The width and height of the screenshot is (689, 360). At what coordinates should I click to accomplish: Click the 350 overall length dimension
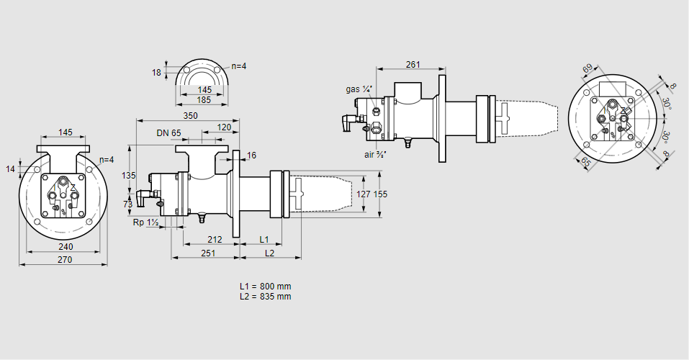190,116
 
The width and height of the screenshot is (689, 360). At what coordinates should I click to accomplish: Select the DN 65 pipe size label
168,132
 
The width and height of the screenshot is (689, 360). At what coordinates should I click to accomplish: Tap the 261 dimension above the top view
413,65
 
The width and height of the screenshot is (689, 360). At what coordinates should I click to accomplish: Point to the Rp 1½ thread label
146,222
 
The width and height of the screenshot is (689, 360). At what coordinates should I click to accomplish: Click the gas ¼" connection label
359,89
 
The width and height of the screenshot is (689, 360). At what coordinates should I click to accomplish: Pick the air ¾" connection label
375,154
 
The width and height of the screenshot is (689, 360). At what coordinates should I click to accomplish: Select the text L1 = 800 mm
266,286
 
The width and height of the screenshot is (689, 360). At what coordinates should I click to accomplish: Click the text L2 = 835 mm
266,296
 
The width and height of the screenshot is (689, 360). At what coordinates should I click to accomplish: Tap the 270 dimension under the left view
65,260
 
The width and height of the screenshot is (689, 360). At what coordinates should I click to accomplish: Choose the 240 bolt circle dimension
65,246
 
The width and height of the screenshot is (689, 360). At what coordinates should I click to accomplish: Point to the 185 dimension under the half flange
204,100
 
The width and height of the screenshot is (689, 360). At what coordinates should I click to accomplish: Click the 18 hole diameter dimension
157,73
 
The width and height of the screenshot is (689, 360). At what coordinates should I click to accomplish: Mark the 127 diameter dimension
364,194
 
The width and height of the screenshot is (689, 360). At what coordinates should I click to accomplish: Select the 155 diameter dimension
381,194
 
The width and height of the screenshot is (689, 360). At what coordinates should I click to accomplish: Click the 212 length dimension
215,240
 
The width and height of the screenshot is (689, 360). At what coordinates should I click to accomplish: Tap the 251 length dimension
208,253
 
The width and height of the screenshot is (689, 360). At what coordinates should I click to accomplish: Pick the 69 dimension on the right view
587,69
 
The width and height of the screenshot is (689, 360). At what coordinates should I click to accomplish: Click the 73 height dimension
128,204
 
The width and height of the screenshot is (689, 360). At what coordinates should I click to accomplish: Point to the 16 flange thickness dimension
251,156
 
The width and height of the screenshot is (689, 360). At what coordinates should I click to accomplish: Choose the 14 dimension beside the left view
11,168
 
